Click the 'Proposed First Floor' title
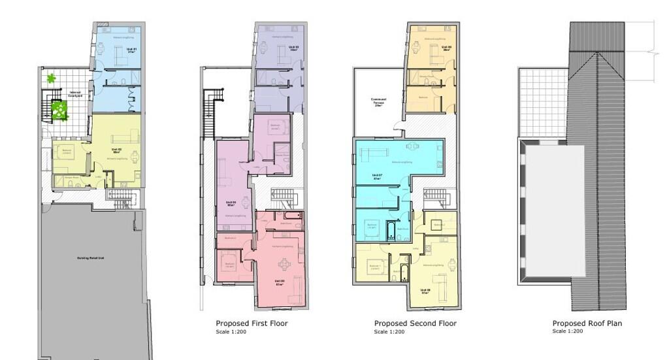pyautogui.click(x=252, y=323)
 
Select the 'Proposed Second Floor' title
pyautogui.click(x=415, y=323)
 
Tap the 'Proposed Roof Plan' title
pyautogui.click(x=587, y=323)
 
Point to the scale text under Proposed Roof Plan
pyautogui.click(x=567, y=332)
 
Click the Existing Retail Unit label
pyautogui.click(x=92, y=258)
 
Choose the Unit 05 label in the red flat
pyautogui.click(x=280, y=282)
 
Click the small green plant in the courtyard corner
pyautogui.click(x=51, y=79)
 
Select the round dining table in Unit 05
pyautogui.click(x=284, y=264)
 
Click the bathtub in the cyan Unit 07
pyautogui.click(x=392, y=230)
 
